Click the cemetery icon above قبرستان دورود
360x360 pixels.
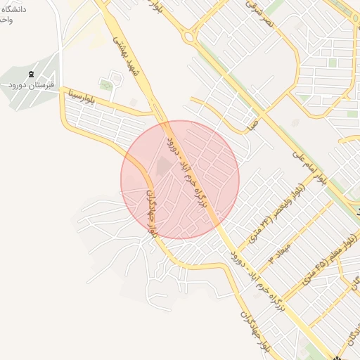click(x=31, y=73)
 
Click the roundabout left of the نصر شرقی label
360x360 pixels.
click(x=188, y=35)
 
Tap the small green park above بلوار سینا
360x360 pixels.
click(x=106, y=86)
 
